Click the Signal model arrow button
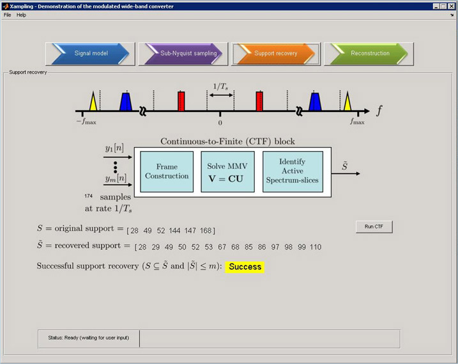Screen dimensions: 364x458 (x=90, y=54)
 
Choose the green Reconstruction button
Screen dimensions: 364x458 (x=369, y=54)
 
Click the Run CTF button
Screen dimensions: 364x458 (x=374, y=227)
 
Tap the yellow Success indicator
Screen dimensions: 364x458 (x=245, y=266)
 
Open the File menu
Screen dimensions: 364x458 (x=8, y=15)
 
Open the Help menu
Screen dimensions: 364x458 (x=21, y=15)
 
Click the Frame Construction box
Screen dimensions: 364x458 (x=167, y=171)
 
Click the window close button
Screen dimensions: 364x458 (x=451, y=6)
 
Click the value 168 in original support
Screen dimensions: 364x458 (x=206, y=230)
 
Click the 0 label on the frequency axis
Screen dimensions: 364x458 (x=220, y=122)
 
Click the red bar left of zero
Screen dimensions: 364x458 (x=181, y=101)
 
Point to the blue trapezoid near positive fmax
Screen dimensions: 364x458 (x=315, y=102)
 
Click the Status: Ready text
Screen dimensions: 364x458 (x=88, y=338)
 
